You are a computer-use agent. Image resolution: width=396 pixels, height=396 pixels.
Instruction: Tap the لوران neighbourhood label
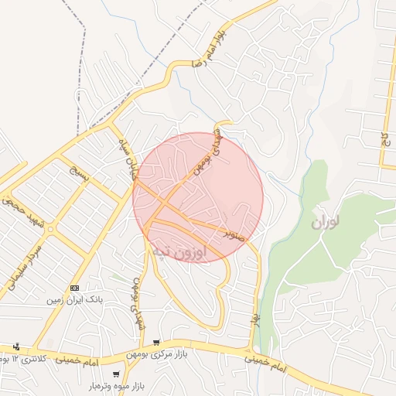(327, 224)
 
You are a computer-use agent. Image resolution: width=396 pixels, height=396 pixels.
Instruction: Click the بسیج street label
(80, 171)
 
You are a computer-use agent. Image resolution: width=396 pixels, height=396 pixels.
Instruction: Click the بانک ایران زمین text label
(76, 299)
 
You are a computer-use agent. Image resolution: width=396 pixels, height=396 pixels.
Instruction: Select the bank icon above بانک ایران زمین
(75, 287)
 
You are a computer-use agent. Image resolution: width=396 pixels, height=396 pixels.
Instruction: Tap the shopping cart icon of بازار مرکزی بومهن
(157, 343)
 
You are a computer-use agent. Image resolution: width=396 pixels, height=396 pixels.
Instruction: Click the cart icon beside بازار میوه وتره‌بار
(116, 375)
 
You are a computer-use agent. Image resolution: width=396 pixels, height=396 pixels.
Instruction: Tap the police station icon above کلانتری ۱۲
(16, 346)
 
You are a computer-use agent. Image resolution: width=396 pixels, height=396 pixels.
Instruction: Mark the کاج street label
(384, 138)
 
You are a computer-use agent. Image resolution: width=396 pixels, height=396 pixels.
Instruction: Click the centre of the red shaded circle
(198, 197)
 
